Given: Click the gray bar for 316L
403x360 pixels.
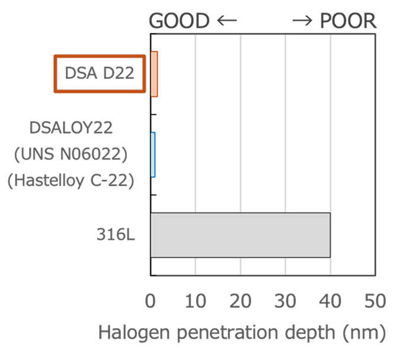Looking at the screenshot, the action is (241, 235).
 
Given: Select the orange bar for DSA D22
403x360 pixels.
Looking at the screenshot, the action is (154, 74).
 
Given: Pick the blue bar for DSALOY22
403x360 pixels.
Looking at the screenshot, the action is (153, 155).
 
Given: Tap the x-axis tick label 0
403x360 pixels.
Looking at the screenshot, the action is (151, 301).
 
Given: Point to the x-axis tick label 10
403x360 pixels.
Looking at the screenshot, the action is (196, 301).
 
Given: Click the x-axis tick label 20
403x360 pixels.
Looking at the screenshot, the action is (240, 301).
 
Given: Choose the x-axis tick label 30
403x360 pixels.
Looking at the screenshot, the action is (285, 301).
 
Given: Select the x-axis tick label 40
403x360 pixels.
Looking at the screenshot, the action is (330, 301).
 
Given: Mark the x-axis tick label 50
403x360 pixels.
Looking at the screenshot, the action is (375, 301).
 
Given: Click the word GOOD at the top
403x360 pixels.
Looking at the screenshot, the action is (179, 21).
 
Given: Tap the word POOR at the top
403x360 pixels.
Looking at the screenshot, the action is (348, 21).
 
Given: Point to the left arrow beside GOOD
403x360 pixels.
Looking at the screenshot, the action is (227, 20).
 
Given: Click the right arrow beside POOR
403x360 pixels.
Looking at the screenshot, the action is (302, 20).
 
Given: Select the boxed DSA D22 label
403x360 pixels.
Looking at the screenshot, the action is (100, 73).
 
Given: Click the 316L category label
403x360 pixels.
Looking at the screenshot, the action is (116, 234).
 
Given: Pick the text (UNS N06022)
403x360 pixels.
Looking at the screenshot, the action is (71, 154).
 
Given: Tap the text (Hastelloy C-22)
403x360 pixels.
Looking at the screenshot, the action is (71, 181).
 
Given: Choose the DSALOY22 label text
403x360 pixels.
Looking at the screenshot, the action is (71, 128).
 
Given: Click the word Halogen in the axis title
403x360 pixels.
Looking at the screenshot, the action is (134, 333).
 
